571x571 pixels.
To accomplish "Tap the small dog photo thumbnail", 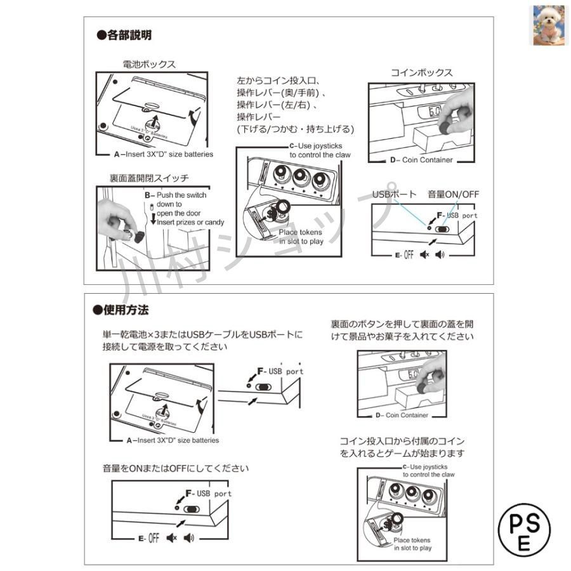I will tap(548, 25).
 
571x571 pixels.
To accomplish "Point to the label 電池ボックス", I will tap(149, 64).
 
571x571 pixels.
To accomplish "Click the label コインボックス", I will tap(422, 72).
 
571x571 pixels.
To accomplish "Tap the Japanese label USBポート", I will tap(394, 194).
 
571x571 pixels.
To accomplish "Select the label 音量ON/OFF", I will tap(452, 194).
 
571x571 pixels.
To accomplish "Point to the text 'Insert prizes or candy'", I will tap(189, 222).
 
